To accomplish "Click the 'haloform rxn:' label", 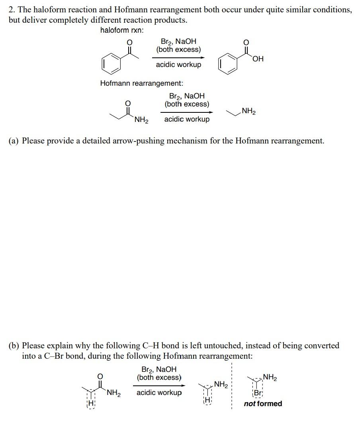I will [122, 30].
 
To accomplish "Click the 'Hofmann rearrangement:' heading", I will [142, 83].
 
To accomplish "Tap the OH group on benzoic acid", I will [258, 59].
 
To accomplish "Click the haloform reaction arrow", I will [178, 57].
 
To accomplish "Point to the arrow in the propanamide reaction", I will [187, 112].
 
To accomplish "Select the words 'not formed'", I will [263, 404].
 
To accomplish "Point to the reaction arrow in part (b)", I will [159, 385].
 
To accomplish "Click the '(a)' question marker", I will [14, 141].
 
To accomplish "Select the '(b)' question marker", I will [14, 346].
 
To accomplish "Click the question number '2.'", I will [12, 10].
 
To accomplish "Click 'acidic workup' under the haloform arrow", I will [178, 65].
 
